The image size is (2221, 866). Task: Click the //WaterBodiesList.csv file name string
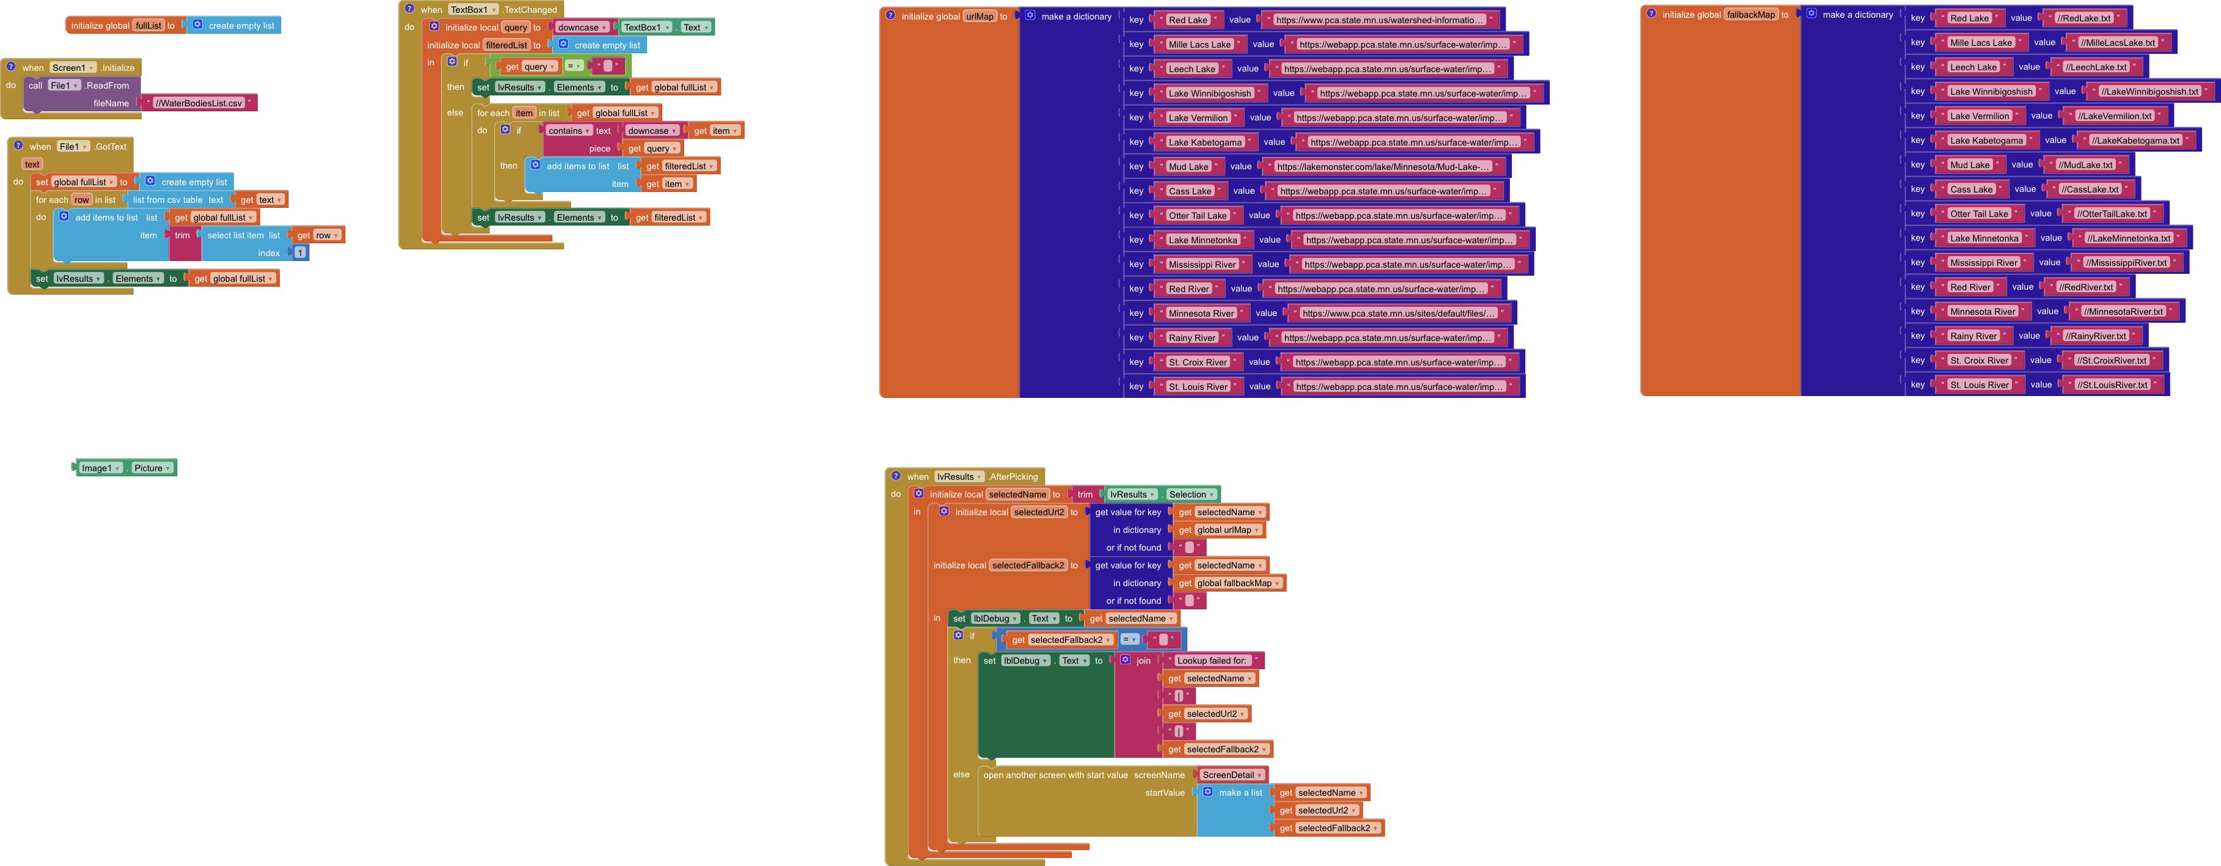[x=198, y=103]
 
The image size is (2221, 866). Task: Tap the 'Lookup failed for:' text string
[x=1212, y=661]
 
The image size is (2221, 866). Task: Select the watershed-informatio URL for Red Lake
[x=1380, y=20]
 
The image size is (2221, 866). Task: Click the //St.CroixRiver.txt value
[x=2110, y=360]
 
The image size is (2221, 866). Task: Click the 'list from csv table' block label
[x=168, y=200]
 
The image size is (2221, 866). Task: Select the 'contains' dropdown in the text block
[x=568, y=131]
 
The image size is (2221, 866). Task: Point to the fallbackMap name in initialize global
[x=1751, y=15]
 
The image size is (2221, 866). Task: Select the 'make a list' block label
[x=1240, y=793]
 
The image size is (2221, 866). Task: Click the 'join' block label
[x=1143, y=661]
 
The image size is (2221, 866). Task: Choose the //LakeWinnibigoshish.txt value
[x=2149, y=91]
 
